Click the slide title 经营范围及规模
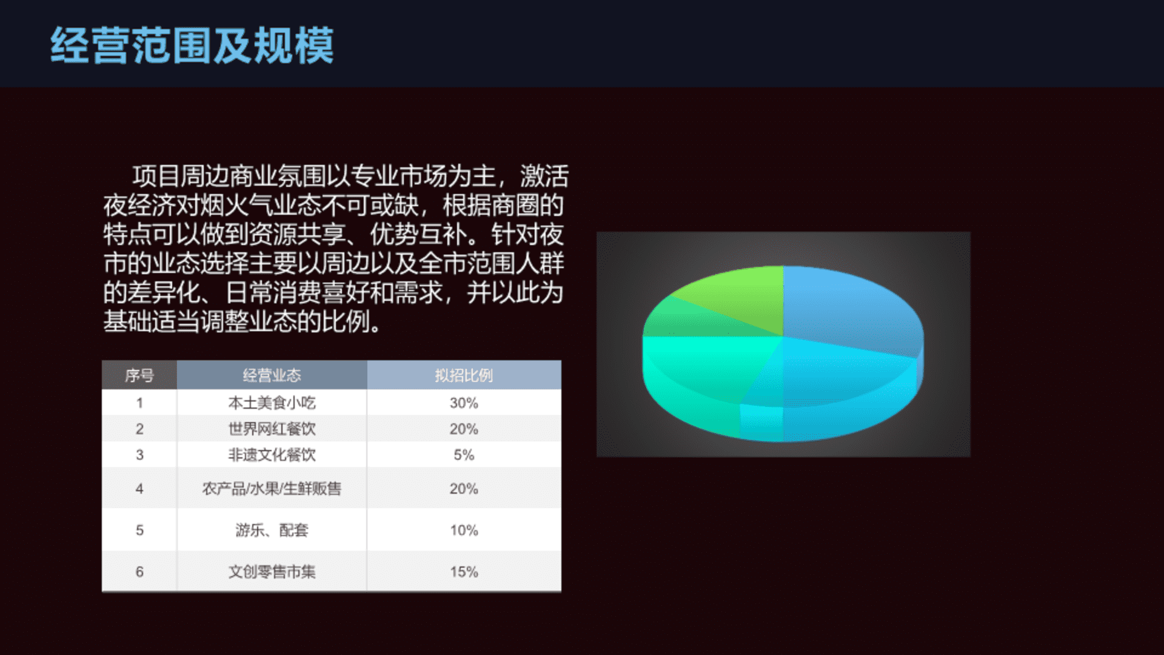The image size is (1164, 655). coord(192,45)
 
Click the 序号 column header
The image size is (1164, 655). coord(139,375)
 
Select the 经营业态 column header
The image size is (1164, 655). coord(272,375)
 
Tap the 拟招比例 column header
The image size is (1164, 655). coord(464,375)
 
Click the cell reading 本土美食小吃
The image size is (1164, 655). coord(272,403)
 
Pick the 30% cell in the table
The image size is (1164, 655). coord(464,403)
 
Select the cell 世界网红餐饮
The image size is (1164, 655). coord(272,429)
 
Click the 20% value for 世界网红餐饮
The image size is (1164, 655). coord(464,429)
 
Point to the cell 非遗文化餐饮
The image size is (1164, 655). coord(272,455)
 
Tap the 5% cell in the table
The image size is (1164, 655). coord(464,455)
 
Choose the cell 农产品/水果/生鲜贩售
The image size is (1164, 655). coord(272,488)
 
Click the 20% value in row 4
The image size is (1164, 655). coord(464,488)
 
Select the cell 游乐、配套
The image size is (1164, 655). coord(272,530)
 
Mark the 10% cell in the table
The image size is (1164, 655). coord(464,530)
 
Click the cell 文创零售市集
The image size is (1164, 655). coord(272,571)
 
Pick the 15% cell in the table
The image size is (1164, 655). coord(464,571)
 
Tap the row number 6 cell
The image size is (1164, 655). coord(139,571)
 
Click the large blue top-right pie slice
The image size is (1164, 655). coord(849,309)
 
